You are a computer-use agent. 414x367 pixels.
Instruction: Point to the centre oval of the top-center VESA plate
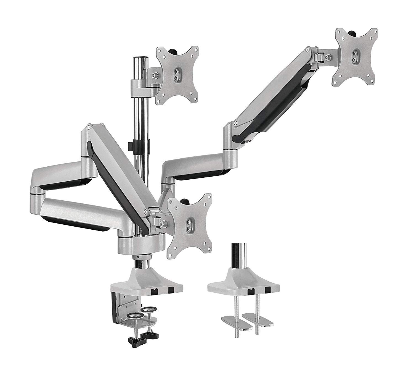pos(177,75)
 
